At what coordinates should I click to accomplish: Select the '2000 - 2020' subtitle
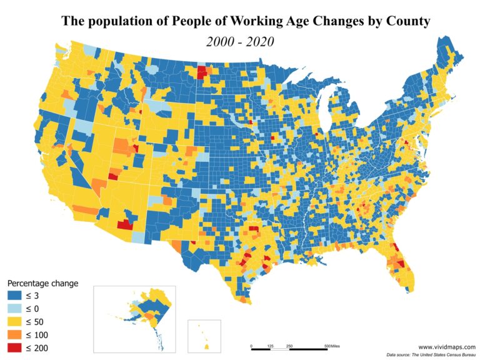(240, 42)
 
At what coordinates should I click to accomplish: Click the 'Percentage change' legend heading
(42, 283)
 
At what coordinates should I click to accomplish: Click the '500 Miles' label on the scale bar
(331, 345)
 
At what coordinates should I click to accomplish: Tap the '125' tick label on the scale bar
(270, 345)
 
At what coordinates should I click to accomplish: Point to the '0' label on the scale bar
(251, 345)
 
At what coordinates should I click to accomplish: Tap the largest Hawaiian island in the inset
(206, 345)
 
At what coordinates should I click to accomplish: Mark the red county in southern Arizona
(125, 224)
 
